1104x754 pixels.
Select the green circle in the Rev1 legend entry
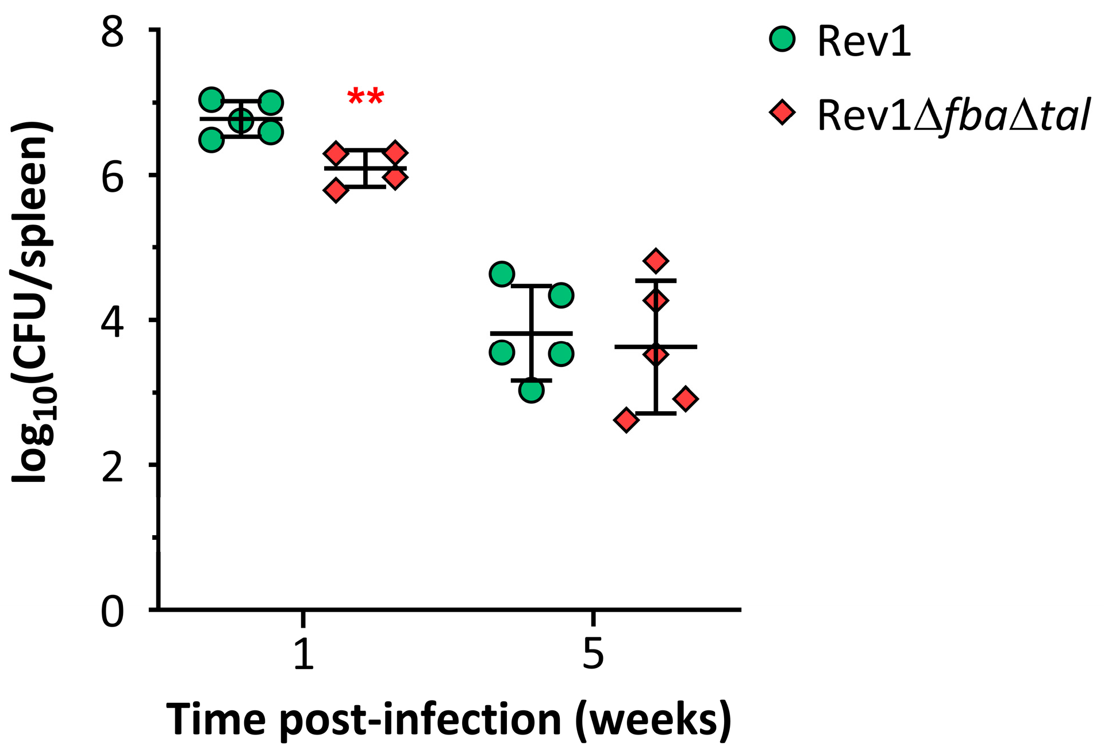(782, 39)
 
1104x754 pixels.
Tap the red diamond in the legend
(782, 112)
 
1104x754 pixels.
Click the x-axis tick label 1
(303, 654)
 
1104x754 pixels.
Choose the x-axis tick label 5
(593, 654)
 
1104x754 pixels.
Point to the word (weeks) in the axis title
(653, 720)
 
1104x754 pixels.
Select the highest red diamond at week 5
(656, 261)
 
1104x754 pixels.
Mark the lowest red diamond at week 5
(626, 420)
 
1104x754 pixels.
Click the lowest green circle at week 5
(531, 390)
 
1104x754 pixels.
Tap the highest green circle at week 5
(502, 274)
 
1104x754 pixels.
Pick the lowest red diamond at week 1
(336, 190)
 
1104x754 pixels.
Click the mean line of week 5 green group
(531, 333)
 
